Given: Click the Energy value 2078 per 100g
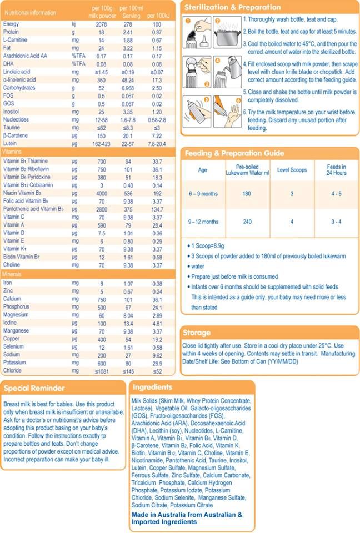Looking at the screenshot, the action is click(101, 24).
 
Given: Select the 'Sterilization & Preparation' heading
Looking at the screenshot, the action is click(233, 7).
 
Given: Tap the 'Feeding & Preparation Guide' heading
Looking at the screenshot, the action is click(234, 153).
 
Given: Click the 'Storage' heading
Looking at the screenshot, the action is click(197, 333).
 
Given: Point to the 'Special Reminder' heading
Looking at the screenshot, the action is click(34, 388).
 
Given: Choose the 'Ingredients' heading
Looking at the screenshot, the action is click(152, 387).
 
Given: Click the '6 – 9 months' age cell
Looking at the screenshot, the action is click(203, 194).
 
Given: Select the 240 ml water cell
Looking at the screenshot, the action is click(247, 222).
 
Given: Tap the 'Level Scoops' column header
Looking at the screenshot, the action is click(292, 170).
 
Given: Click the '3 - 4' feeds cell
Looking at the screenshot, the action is click(336, 222).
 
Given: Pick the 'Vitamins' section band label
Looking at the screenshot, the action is click(12, 152).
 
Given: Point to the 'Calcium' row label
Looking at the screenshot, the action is click(12, 299).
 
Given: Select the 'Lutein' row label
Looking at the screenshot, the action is click(10, 143).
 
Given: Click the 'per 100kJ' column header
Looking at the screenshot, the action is click(158, 16).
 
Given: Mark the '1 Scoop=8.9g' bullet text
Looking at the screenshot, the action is click(208, 246).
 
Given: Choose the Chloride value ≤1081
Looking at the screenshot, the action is click(102, 371).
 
